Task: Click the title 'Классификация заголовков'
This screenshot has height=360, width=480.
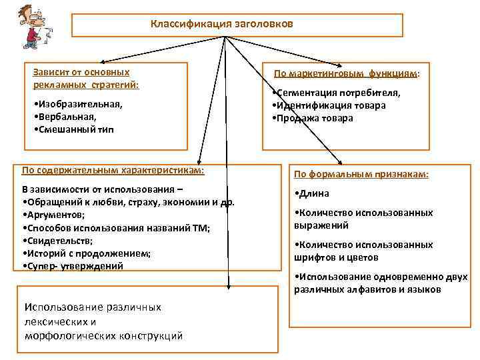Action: (221, 24)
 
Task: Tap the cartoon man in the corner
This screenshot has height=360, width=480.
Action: (32, 29)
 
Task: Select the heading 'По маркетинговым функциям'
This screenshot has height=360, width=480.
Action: (347, 74)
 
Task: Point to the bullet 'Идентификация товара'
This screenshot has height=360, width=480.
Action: (329, 105)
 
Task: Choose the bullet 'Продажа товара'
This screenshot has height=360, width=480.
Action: (313, 118)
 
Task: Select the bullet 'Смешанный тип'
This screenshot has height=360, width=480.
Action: (73, 130)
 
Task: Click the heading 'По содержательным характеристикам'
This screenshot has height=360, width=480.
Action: (113, 170)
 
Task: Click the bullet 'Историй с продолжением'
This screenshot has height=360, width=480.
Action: (87, 253)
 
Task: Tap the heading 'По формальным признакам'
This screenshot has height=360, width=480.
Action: (361, 175)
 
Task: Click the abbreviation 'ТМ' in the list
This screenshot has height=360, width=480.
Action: (198, 228)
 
